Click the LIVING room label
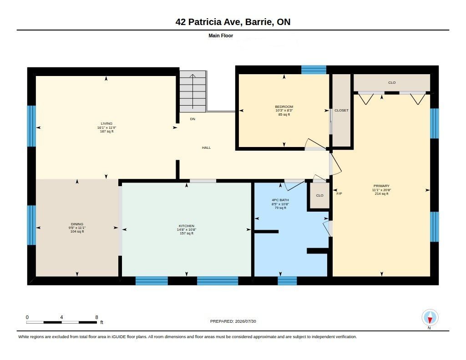tap(106, 123)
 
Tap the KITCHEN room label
tap(186, 226)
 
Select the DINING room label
tap(77, 224)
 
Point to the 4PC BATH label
tap(280, 200)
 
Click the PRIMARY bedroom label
tap(381, 186)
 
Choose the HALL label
tap(206, 147)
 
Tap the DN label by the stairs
tap(192, 119)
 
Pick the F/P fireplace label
tap(339, 193)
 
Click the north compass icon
tap(430, 318)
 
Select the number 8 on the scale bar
tap(96, 317)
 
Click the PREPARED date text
tap(233, 321)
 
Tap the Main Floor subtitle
tap(221, 35)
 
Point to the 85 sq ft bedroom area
tap(284, 114)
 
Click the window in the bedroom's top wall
tap(314, 70)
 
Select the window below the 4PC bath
tap(287, 281)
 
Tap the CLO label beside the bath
tap(319, 195)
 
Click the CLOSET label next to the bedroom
tap(341, 110)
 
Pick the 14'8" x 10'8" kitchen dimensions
tap(186, 229)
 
